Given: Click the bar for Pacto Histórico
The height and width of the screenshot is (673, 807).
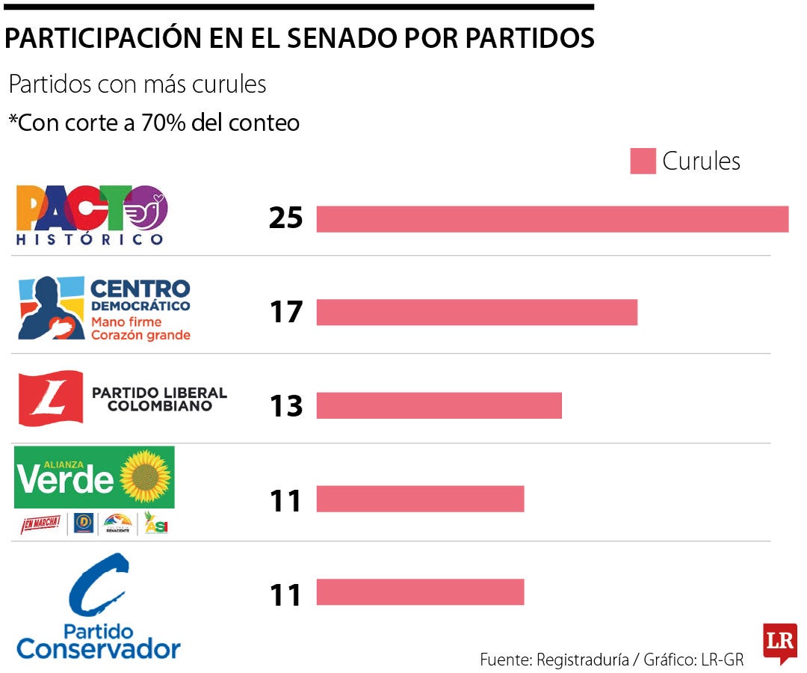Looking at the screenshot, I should (x=552, y=219).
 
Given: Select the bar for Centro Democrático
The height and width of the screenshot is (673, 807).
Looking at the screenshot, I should (x=477, y=312).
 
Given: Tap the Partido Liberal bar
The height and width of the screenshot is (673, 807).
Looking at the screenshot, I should (x=439, y=405).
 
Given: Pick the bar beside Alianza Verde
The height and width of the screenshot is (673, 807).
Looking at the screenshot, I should (x=420, y=499).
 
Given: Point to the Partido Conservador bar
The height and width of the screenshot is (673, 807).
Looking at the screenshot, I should (x=420, y=592).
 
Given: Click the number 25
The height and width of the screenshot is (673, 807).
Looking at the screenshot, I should (x=285, y=218).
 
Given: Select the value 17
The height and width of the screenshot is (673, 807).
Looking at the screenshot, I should (x=285, y=312).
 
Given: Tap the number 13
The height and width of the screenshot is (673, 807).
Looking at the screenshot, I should (x=285, y=405).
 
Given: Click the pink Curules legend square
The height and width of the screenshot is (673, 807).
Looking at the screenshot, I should (x=643, y=162).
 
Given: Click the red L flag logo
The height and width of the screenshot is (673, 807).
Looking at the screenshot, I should (x=51, y=398).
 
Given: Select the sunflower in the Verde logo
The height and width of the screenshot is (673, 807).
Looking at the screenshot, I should (x=146, y=476).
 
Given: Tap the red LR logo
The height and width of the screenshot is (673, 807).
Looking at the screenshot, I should (x=779, y=642).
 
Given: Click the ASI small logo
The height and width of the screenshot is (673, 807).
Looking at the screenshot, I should (x=156, y=524).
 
